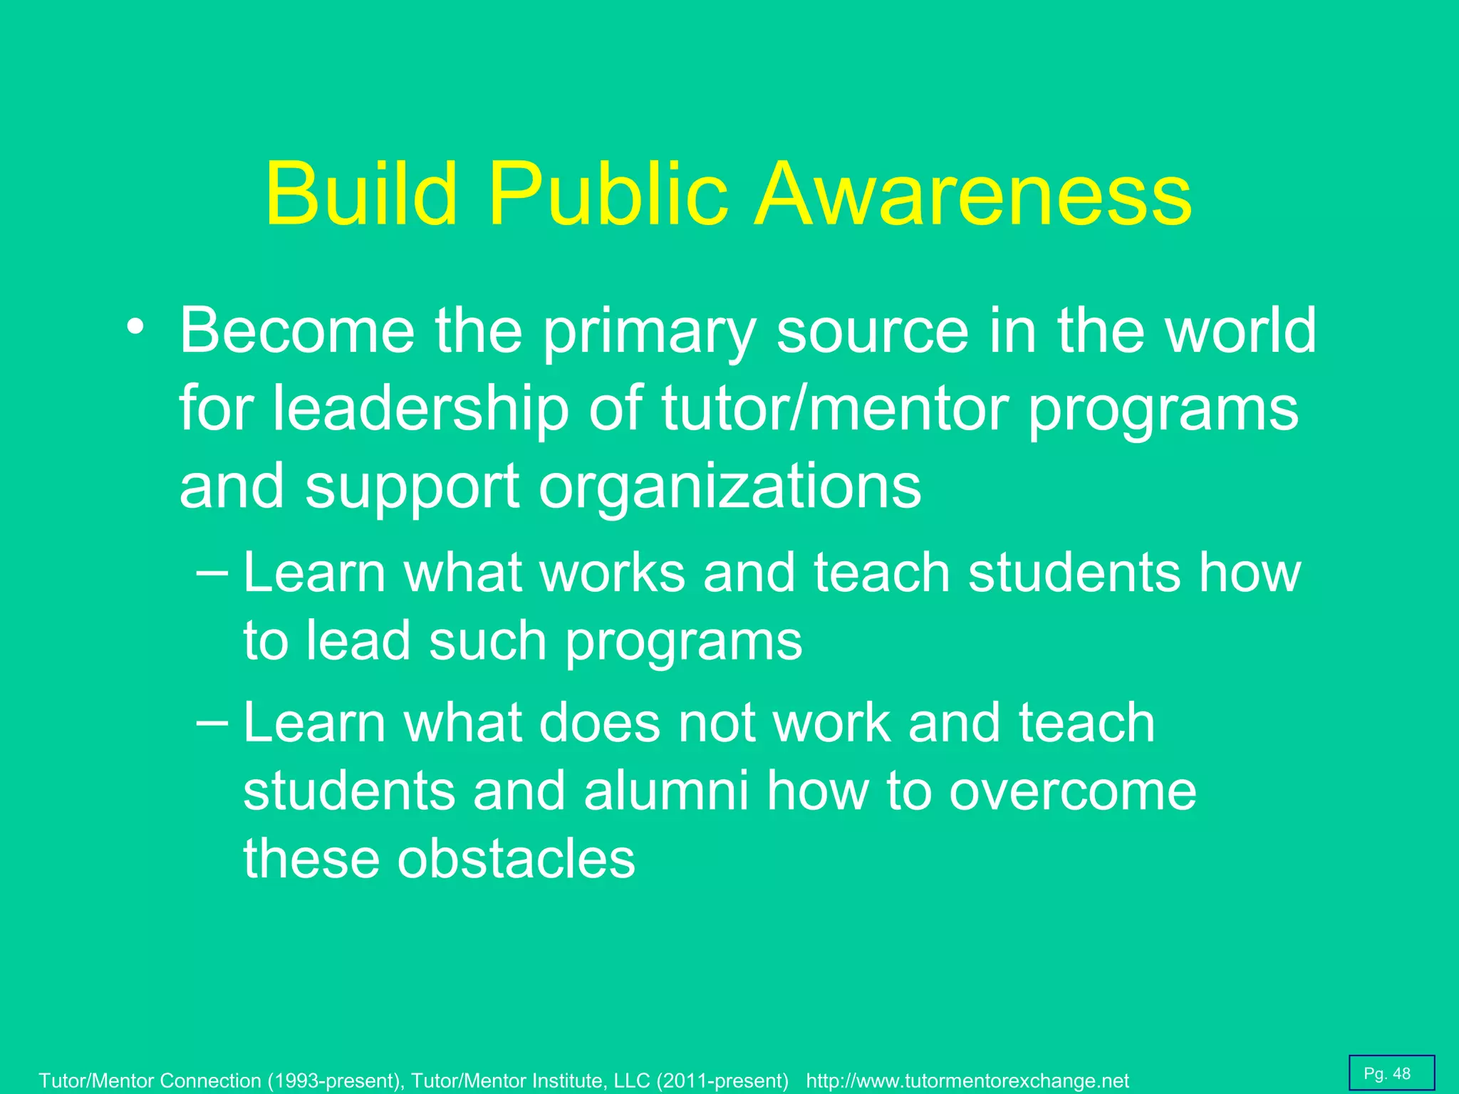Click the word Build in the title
[361, 193]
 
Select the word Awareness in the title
[973, 193]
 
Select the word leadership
[420, 409]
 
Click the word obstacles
[516, 858]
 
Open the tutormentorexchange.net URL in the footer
[967, 1080]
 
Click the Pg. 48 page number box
[1391, 1073]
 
